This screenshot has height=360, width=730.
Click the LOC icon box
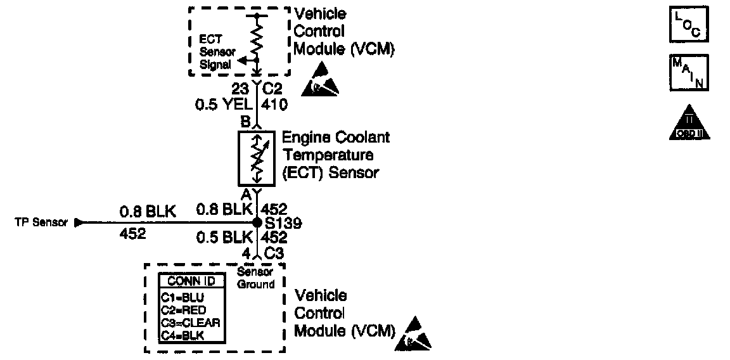click(689, 24)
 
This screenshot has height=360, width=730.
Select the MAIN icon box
click(689, 73)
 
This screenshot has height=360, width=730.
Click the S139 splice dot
click(257, 222)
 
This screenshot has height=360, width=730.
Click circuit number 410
click(274, 105)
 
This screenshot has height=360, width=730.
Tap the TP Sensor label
click(41, 223)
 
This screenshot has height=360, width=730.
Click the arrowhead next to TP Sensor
click(79, 223)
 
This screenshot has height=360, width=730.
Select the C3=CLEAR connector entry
click(190, 322)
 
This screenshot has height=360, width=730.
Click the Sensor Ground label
click(255, 278)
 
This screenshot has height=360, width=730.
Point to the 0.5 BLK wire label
click(224, 238)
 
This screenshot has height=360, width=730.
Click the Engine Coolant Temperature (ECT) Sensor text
click(335, 155)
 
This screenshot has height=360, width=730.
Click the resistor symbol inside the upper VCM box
click(257, 38)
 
